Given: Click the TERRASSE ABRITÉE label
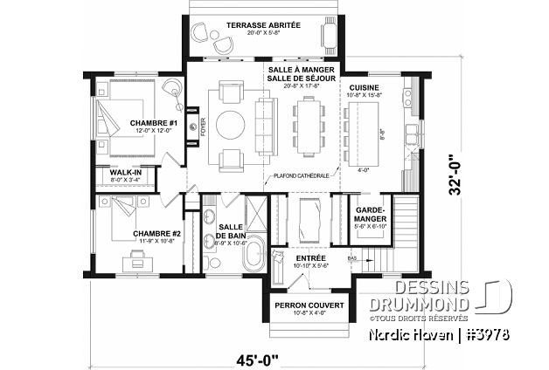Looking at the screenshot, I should click(263, 25).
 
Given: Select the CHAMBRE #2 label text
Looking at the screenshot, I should click(156, 234).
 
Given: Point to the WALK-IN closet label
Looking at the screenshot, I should click(125, 173).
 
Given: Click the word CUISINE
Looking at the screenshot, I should click(364, 88).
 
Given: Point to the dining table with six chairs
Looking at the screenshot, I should click(309, 121).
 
